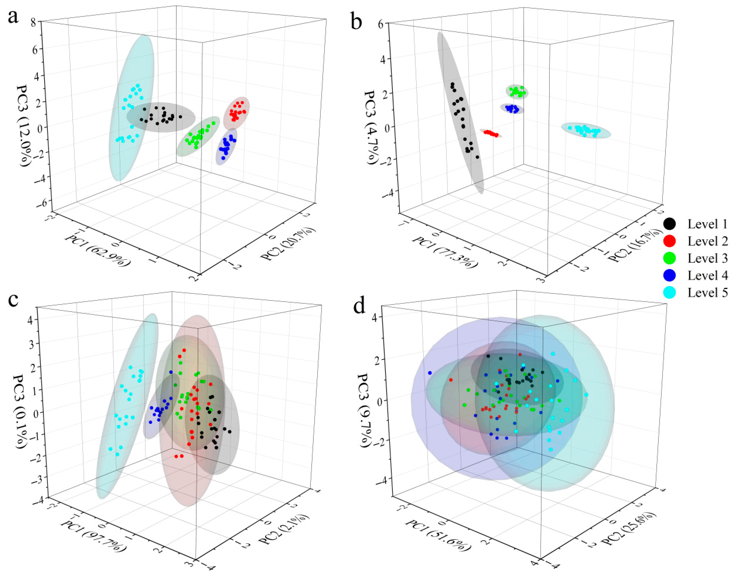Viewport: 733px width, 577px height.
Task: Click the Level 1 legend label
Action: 707,224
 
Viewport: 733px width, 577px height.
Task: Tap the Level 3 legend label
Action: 707,258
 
